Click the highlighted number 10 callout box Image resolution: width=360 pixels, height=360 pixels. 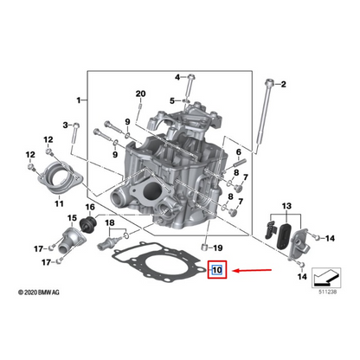click(217, 270)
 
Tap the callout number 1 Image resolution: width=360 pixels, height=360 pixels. click(80, 100)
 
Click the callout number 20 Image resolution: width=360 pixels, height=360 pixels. click(141, 93)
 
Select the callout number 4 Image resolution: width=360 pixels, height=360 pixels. click(177, 77)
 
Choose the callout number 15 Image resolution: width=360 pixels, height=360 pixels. click(72, 218)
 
